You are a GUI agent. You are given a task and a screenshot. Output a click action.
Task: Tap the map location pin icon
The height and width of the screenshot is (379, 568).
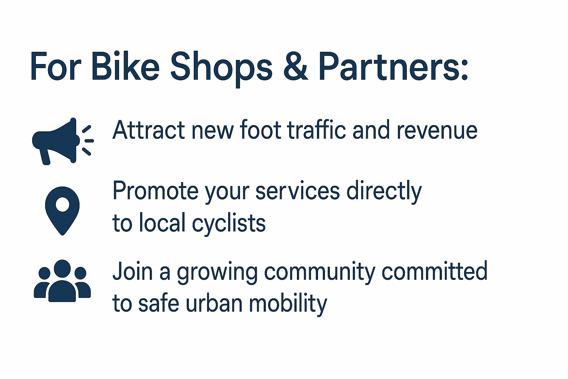[x=62, y=211]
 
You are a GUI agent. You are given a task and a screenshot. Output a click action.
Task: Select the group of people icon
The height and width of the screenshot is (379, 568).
[x=62, y=281]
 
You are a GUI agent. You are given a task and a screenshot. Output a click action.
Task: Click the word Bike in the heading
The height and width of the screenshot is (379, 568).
[x=125, y=66]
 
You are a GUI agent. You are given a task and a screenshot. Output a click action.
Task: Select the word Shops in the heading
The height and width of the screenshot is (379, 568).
[x=221, y=68]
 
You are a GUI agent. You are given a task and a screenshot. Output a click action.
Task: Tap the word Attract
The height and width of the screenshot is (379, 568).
[x=149, y=130]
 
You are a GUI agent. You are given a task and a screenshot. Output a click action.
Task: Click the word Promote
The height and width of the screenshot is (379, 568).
[x=155, y=190]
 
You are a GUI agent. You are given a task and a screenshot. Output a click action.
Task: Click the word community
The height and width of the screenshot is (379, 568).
[x=319, y=273]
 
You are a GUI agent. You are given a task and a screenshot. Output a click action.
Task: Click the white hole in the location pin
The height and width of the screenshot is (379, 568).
[x=62, y=204]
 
